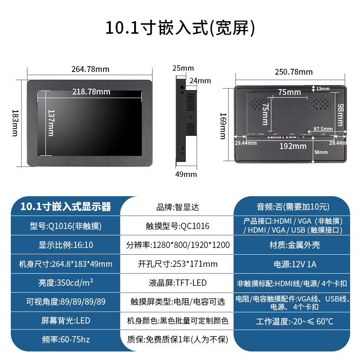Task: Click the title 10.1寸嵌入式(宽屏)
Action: pyautogui.click(x=180, y=27)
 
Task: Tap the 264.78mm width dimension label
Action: pyautogui.click(x=90, y=69)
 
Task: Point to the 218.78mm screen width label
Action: pyautogui.click(x=91, y=91)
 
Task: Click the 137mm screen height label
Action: pyautogui.click(x=50, y=123)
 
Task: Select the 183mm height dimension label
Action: pyautogui.click(x=15, y=122)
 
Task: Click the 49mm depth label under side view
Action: pyautogui.click(x=186, y=174)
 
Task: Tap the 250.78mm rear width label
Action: pyautogui.click(x=293, y=72)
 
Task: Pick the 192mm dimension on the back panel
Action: pyautogui.click(x=292, y=146)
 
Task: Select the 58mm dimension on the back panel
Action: pyautogui.click(x=320, y=152)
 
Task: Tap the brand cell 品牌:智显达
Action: pyautogui.click(x=177, y=207)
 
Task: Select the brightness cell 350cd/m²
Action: pyautogui.click(x=66, y=283)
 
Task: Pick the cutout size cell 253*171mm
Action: pyautogui.click(x=178, y=264)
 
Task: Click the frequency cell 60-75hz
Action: pyautogui.click(x=66, y=339)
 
